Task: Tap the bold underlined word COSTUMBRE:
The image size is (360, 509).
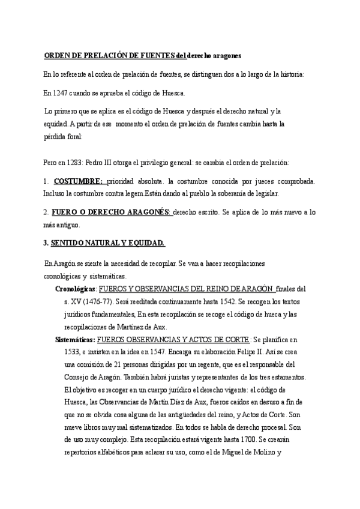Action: tap(79, 181)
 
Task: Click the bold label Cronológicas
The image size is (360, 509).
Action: tap(74, 288)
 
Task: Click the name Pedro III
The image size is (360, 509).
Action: tap(103, 162)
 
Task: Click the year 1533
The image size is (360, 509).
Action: tap(73, 352)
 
